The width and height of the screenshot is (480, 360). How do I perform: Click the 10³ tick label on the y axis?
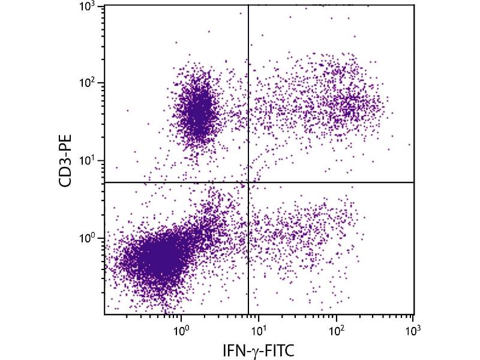click(89, 7)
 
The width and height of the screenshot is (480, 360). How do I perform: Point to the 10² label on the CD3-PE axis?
click(89, 83)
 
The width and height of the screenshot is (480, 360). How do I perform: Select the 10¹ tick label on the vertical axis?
click(89, 161)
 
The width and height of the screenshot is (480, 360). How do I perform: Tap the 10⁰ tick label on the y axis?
click(89, 238)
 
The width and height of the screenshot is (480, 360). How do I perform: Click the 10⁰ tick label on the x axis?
click(182, 329)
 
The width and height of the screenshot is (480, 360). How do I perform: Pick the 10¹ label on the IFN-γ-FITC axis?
click(259, 329)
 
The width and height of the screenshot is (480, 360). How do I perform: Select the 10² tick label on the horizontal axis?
click(336, 329)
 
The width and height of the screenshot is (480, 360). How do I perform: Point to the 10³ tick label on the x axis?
click(413, 329)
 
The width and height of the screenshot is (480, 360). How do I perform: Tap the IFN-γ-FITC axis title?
click(259, 349)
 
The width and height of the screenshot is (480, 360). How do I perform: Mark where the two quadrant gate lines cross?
click(248, 182)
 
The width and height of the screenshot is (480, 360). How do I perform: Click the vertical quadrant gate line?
click(248, 90)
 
